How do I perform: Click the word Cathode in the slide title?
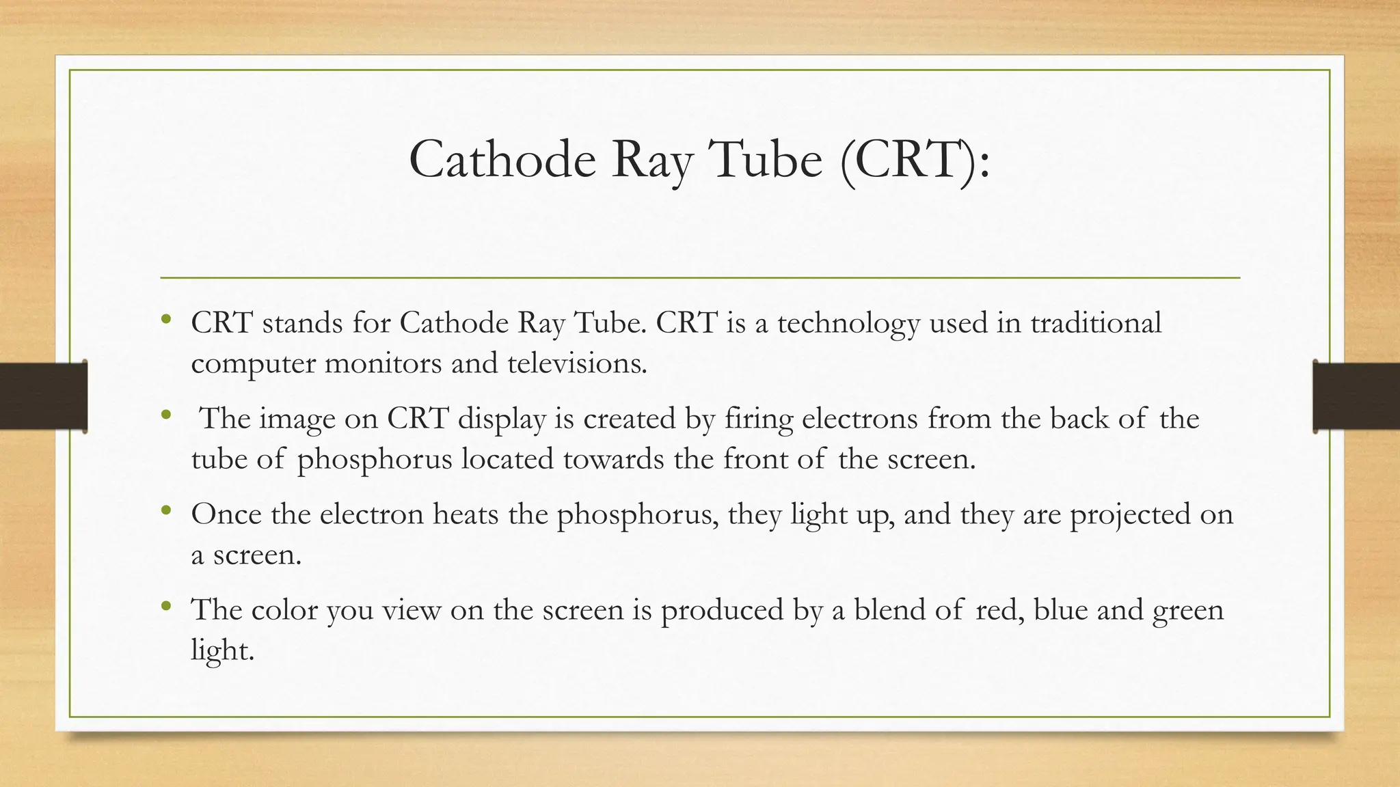(x=502, y=159)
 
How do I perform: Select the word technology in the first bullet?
(x=848, y=323)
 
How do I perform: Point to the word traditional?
(x=1096, y=322)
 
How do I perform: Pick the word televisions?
(x=577, y=363)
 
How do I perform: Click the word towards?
(x=613, y=459)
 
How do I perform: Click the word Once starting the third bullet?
(x=226, y=514)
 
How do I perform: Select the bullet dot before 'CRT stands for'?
(x=166, y=319)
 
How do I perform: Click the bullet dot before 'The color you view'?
(x=166, y=606)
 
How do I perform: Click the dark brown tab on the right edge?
(x=1356, y=396)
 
